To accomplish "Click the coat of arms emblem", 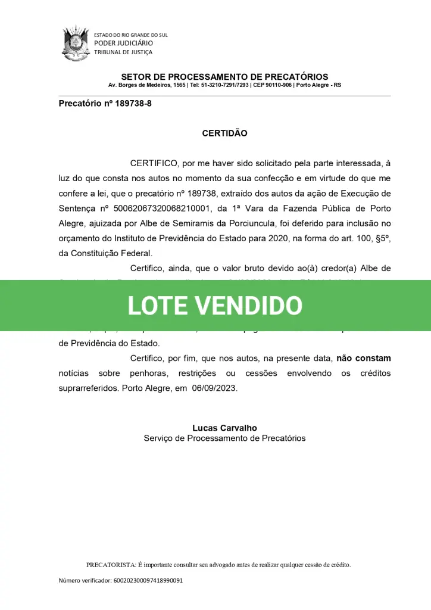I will [x=75, y=42].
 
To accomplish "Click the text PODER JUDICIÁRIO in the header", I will [x=124, y=43].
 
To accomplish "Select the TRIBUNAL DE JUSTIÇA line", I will [x=123, y=52].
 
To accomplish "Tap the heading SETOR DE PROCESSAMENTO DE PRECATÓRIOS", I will [x=224, y=77].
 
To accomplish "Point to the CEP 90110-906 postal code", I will [x=271, y=85].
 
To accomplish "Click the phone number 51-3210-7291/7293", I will [x=225, y=85].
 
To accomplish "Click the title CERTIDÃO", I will [x=224, y=133].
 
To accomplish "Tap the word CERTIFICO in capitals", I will [x=154, y=163].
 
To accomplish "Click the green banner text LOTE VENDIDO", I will [x=215, y=306].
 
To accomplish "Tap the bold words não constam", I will [x=363, y=359].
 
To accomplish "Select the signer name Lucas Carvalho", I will [x=224, y=428].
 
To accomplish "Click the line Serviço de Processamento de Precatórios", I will [x=224, y=438].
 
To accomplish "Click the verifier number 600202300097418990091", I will [x=148, y=580].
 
